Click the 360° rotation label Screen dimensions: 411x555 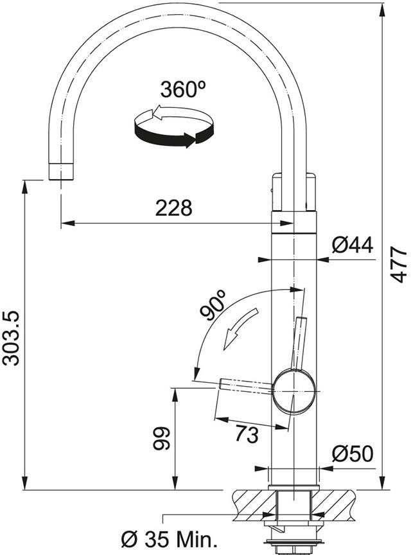183,89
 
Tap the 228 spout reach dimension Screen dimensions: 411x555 174,208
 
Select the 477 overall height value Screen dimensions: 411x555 399,265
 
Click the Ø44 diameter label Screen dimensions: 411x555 353,245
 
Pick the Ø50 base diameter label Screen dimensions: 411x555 353,454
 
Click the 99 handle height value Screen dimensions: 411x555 162,439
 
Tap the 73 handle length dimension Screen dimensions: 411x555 247,434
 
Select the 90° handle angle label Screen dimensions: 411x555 213,304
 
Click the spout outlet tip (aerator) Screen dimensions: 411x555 61,172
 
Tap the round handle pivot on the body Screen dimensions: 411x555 294,391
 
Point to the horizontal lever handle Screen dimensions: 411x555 247,386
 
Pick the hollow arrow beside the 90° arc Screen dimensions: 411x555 241,329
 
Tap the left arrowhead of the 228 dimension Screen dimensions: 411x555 68,224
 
